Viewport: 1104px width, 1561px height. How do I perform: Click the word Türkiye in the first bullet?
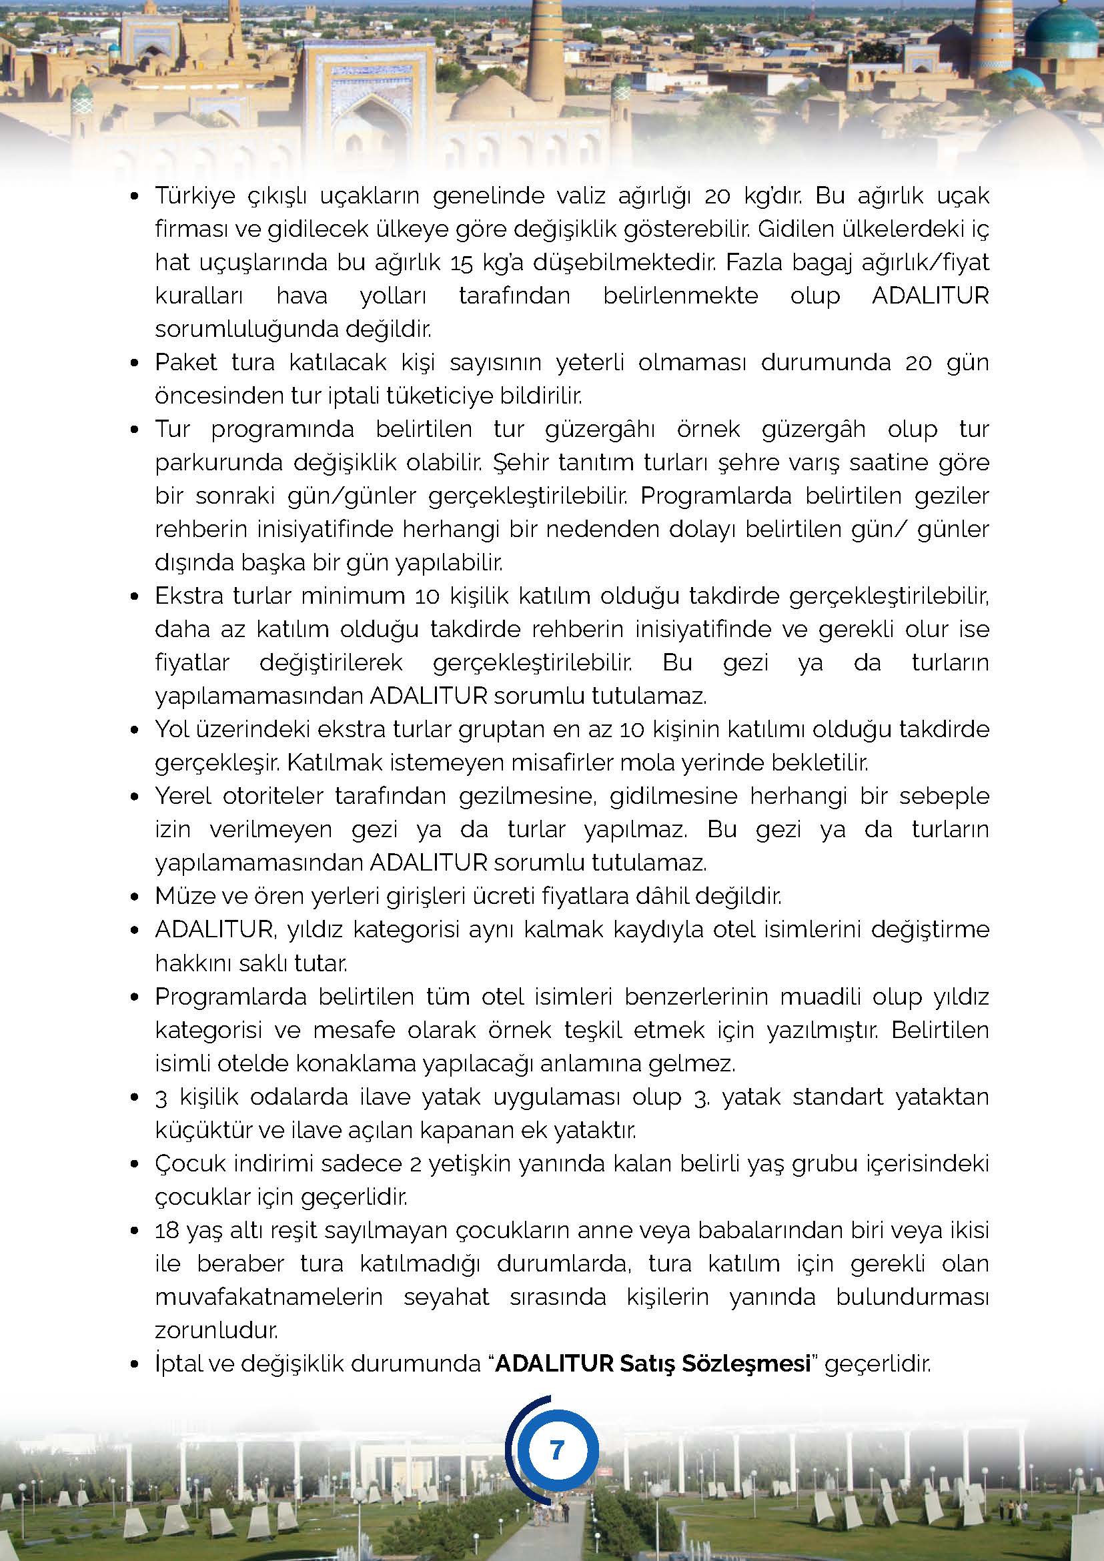(195, 196)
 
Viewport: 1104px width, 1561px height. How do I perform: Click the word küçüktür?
(195, 1130)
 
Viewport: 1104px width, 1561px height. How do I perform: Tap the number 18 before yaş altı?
(167, 1231)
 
